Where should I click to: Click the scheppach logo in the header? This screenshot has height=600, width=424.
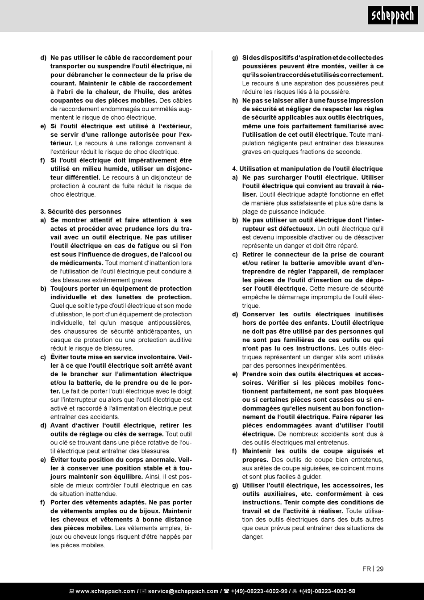coord(393,17)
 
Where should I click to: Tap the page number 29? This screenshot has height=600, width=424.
coord(380,569)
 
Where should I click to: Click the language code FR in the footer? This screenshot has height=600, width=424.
coord(366,569)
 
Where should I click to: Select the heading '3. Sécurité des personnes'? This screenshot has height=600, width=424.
coord(81,211)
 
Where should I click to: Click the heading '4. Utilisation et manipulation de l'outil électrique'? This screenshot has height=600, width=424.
coord(308,169)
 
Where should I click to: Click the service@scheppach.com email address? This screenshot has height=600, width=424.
coord(183,591)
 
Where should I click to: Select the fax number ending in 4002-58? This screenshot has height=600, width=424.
coord(327,591)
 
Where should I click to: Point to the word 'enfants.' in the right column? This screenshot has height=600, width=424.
coord(316,323)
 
